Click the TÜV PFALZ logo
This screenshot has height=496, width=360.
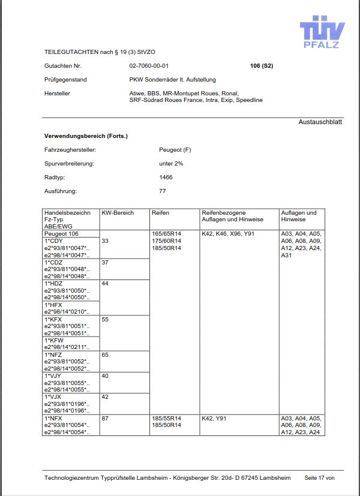[x=323, y=31]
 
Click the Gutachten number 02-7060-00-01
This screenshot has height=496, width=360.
[x=149, y=65]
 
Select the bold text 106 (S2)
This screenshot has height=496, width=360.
[x=261, y=65]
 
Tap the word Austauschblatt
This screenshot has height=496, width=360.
[x=320, y=122]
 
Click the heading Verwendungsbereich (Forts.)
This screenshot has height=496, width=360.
[x=86, y=136]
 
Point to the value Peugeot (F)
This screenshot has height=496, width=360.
[x=175, y=149]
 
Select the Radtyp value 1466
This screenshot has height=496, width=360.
[x=166, y=177]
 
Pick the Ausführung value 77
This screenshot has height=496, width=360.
[x=163, y=191]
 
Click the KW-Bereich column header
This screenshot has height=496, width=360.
[x=118, y=213]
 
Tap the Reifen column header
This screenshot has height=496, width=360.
[x=161, y=213]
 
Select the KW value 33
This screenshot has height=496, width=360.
[x=106, y=241]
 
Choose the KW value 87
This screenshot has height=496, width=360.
[x=106, y=417]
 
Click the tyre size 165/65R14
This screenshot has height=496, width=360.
[x=166, y=233]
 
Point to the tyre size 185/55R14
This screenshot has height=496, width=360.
[x=166, y=417]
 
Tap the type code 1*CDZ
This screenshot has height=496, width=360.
[x=53, y=262]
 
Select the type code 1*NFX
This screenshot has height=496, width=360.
[x=53, y=417]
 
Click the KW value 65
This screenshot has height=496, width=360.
[x=106, y=355]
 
